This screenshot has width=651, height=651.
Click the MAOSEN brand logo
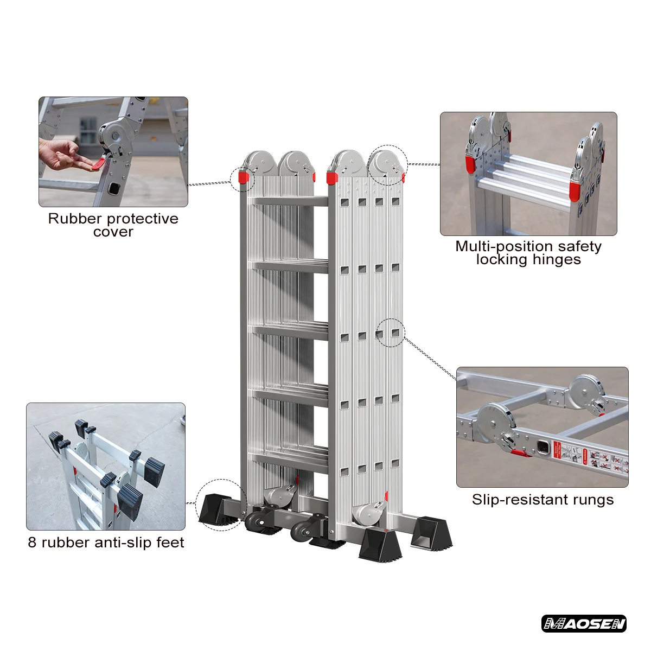584,623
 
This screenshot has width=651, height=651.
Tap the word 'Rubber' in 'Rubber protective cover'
74,219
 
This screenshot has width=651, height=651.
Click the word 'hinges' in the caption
556,260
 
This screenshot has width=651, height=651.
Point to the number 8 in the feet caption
32,542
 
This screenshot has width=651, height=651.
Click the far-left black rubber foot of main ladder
215,510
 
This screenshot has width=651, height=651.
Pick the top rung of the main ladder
288,201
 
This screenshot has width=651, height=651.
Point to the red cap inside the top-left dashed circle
244,177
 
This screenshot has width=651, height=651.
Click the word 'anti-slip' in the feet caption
124,542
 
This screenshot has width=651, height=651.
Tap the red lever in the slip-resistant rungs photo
520,452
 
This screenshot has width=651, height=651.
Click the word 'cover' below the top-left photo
113,232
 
